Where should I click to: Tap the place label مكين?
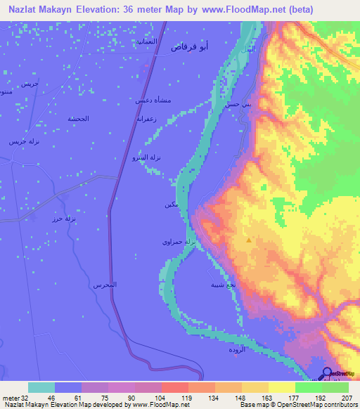[x=169, y=204]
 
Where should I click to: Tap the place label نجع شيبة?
[x=219, y=285]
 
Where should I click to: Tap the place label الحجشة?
[x=78, y=118]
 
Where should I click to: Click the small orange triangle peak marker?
[x=248, y=240]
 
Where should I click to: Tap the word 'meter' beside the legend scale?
[x=12, y=397]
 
